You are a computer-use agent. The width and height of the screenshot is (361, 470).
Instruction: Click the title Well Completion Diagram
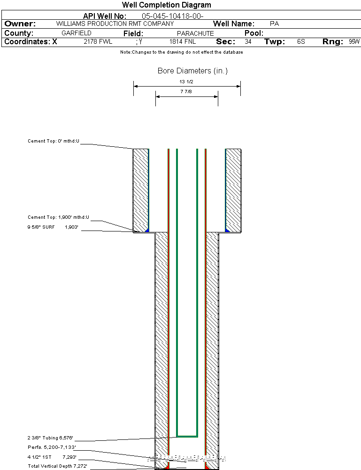(x=167, y=5)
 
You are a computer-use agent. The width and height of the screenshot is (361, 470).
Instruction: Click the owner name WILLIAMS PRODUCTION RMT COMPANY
(x=115, y=24)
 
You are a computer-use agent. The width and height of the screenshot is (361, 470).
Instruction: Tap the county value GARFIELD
(x=77, y=33)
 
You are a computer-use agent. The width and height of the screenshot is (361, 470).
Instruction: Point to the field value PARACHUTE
(x=195, y=33)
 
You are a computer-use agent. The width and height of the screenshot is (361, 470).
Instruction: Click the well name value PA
(x=275, y=24)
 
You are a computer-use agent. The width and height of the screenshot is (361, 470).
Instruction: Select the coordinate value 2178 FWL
(x=98, y=42)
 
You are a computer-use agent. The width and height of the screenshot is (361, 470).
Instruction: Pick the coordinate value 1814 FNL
(x=183, y=42)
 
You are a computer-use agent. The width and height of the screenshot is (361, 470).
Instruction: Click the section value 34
(x=248, y=42)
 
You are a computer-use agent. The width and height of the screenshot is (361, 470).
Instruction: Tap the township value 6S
(x=301, y=42)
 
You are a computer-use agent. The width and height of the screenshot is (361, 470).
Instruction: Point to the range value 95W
(x=354, y=42)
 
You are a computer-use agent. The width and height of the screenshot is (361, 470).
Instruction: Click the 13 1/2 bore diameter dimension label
(x=187, y=82)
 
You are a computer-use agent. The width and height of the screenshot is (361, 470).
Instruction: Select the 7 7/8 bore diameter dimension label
(x=187, y=92)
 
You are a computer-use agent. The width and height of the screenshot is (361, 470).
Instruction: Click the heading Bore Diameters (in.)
(x=192, y=71)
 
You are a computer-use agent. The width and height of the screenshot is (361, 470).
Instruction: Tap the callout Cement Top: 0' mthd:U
(x=54, y=141)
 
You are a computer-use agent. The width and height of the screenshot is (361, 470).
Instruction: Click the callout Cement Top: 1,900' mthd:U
(x=58, y=217)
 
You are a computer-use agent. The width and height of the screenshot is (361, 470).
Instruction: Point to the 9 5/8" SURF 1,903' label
(x=53, y=227)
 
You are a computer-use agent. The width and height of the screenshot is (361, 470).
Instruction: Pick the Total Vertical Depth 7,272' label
(x=57, y=466)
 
